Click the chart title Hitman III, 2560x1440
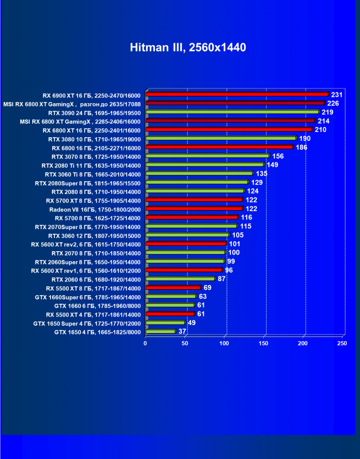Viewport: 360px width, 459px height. click(x=188, y=47)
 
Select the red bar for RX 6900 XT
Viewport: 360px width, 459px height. click(x=237, y=94)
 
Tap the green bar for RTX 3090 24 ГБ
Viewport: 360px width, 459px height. click(x=232, y=112)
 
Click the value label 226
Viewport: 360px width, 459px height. click(x=333, y=104)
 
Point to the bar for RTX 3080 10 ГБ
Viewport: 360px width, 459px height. click(x=221, y=138)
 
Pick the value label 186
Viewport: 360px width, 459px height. click(x=302, y=148)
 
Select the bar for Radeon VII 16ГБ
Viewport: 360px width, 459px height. click(x=194, y=208)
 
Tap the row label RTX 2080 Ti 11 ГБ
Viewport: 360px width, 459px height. click(x=91, y=166)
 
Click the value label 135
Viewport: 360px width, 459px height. click(x=261, y=174)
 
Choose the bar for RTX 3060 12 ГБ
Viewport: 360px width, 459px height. click(x=188, y=235)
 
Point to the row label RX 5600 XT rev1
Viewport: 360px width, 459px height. click(x=86, y=271)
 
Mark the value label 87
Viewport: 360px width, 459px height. click(x=222, y=279)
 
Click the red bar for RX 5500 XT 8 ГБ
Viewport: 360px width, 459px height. click(x=173, y=287)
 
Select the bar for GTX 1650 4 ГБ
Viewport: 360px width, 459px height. click(x=161, y=331)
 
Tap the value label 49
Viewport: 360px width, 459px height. click(x=192, y=323)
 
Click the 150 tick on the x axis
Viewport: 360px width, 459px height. click(x=263, y=343)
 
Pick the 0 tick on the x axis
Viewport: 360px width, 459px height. click(x=146, y=343)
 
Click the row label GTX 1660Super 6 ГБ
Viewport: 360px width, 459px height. click(x=88, y=297)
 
